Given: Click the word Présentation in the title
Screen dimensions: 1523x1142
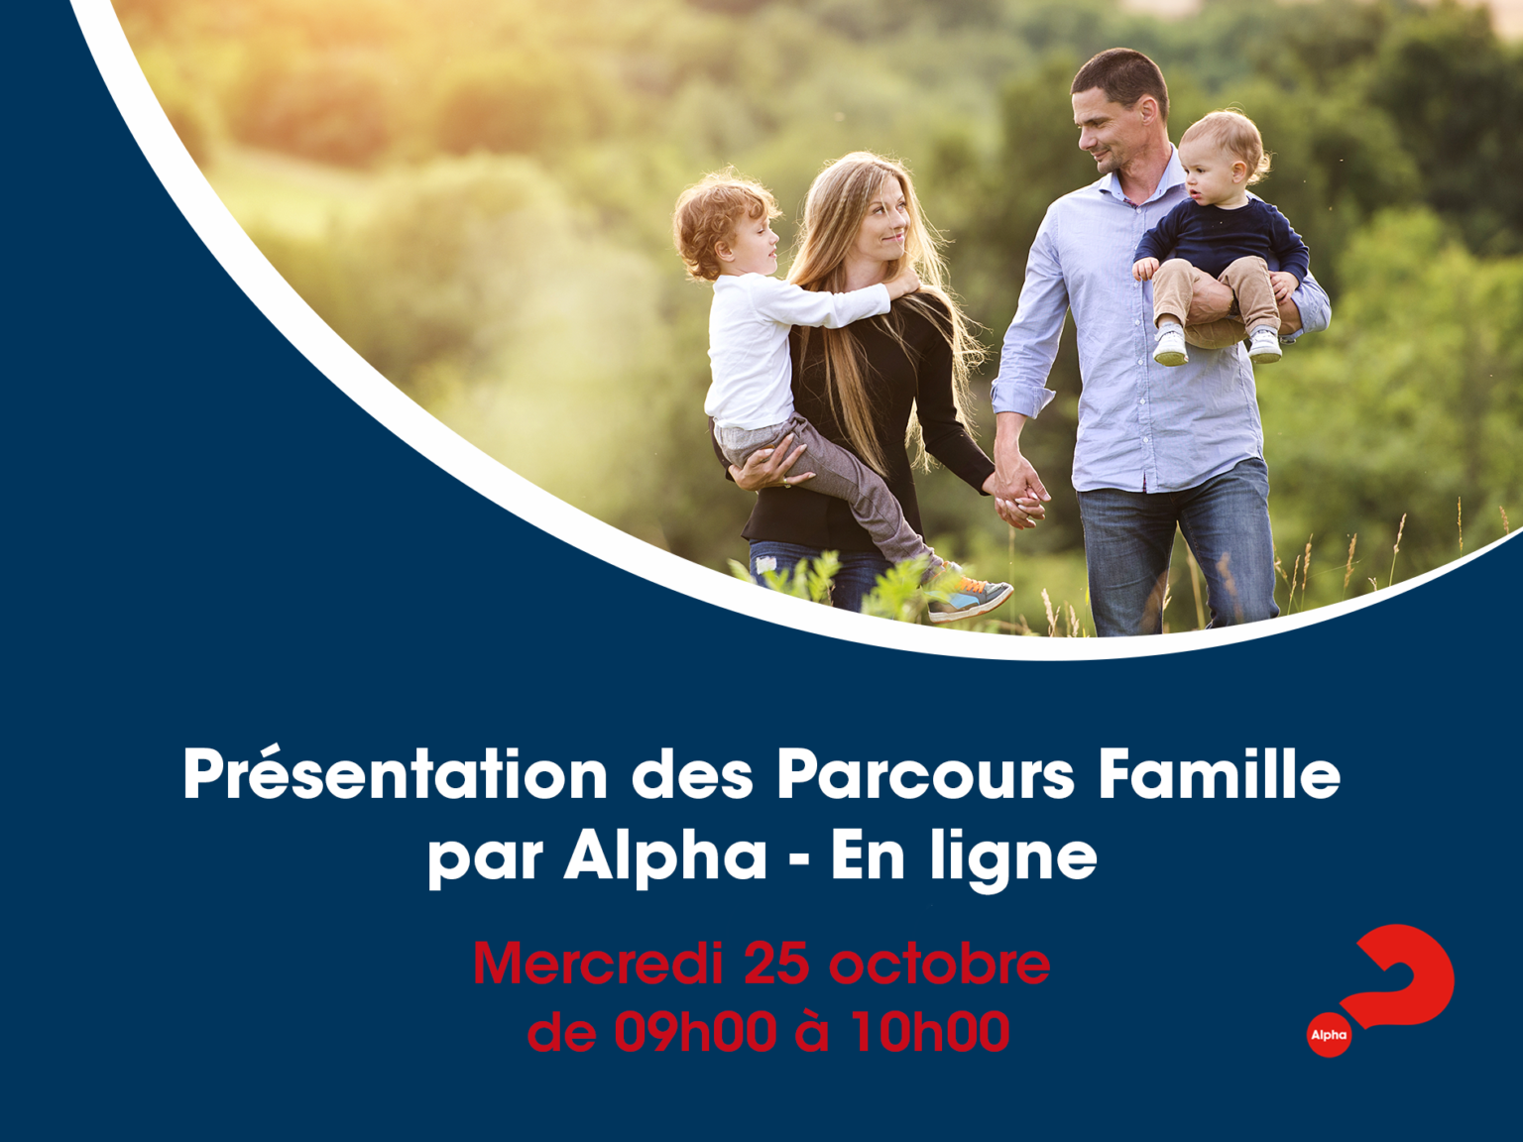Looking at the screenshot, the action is click(396, 774).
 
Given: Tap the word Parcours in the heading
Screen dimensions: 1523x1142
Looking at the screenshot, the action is click(925, 774).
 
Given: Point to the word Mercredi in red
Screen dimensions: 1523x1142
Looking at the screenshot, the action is click(598, 964).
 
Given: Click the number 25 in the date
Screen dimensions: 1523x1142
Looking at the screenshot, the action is click(776, 965).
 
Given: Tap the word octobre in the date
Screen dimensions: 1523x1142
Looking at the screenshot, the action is click(940, 964).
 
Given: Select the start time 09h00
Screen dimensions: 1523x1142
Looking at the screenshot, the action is click(695, 1031).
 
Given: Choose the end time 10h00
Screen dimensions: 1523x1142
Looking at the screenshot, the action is click(931, 1031).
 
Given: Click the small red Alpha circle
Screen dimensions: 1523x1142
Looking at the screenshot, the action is click(1329, 1035).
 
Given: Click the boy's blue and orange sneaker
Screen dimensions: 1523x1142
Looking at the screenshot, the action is click(970, 597).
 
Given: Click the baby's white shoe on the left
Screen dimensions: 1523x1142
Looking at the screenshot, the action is click(1171, 345).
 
